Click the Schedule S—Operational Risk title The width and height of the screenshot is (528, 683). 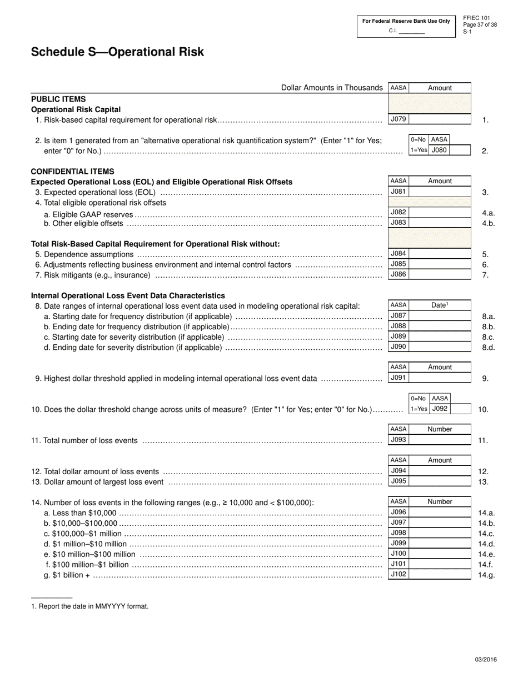pos(117,52)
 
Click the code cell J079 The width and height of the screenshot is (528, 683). pos(398,119)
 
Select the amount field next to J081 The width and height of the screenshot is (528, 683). pos(440,192)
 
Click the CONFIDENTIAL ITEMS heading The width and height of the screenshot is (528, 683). pos(72,172)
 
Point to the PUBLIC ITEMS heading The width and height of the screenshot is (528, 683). pos(58,99)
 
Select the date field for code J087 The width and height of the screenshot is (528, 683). pos(440,315)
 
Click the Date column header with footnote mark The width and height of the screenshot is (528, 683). pos(440,305)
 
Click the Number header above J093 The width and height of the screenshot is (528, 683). pos(440,429)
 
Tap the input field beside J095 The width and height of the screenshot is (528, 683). pos(440,481)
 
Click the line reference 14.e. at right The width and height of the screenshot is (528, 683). pos(486,554)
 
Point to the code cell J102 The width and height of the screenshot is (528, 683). pos(398,574)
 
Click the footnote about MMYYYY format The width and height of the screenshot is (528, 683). pos(89,606)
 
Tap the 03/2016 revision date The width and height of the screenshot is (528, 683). pos(486,660)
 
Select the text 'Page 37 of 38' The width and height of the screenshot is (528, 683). pos(480,25)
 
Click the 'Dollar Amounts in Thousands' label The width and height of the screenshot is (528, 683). pos(332,88)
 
